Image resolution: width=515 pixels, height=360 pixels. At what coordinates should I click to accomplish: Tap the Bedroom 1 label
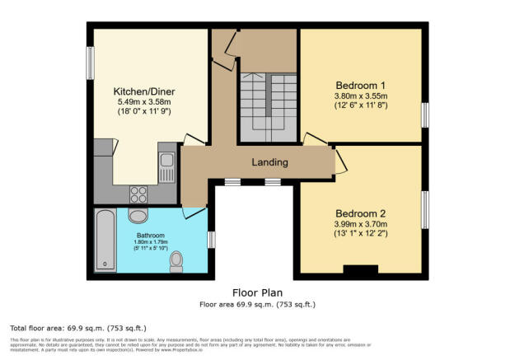point(360,85)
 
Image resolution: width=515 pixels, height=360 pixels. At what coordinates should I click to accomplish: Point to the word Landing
point(258,162)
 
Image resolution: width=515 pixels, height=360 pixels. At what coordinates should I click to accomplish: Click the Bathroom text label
point(151,234)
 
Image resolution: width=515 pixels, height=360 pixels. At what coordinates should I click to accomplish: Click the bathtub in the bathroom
point(106,240)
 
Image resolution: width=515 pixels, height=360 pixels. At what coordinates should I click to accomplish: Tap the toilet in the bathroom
point(176,262)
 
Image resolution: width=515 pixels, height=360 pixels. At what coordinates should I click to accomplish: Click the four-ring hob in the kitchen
point(138,194)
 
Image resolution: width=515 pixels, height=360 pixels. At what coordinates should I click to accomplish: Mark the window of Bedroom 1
point(425,115)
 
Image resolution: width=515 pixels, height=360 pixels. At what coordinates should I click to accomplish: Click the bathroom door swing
point(194,213)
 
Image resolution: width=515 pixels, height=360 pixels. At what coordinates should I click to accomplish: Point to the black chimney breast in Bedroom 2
point(358,269)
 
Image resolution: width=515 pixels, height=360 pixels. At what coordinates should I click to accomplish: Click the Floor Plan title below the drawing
point(257,292)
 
